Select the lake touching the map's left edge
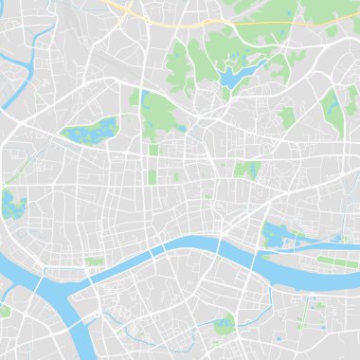tap(11, 203)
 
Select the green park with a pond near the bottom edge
tap(225, 325)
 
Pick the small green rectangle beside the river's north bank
tap(95, 261)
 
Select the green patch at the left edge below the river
tap(4, 311)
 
